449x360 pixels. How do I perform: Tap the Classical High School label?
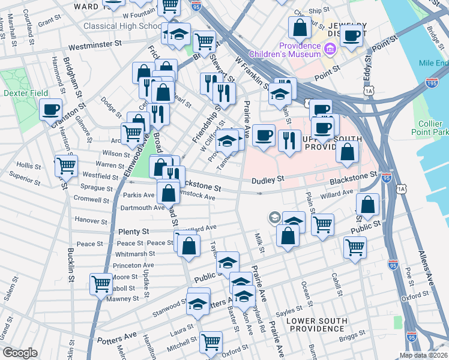click(x=121, y=26)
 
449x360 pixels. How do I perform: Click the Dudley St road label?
click(x=267, y=179)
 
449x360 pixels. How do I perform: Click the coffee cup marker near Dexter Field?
click(x=51, y=109)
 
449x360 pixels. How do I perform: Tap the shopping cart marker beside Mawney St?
click(x=100, y=284)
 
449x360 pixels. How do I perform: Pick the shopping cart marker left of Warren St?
click(x=65, y=165)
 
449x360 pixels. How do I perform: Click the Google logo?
click(x=20, y=353)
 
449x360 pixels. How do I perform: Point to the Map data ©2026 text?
click(x=424, y=355)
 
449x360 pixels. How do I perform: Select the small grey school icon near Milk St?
click(x=274, y=217)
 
